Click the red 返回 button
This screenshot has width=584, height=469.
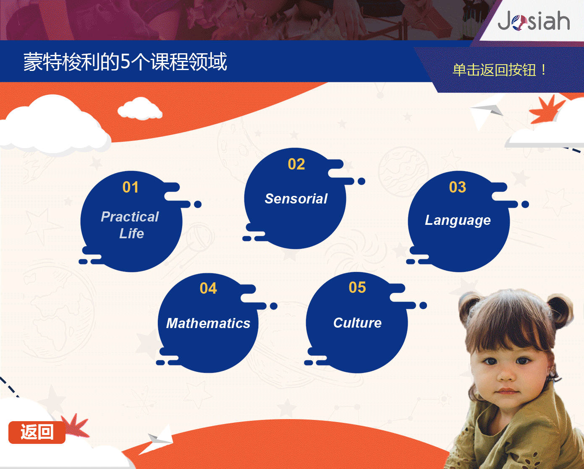pos(37,433)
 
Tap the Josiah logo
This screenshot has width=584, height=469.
pos(534,21)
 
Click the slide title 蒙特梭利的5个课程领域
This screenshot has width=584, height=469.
pos(125,62)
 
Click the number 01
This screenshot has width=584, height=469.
pos(131,187)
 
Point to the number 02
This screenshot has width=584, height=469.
pos(296,164)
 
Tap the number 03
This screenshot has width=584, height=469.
pos(458,187)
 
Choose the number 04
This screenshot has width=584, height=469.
pos(208,288)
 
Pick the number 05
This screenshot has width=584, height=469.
pos(357,287)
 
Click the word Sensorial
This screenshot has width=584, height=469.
pos(296,198)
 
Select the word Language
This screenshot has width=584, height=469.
pos(458,220)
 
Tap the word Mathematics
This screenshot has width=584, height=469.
pos(208,323)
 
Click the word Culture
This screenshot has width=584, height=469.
pos(357,323)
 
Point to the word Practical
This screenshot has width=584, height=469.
pos(130,217)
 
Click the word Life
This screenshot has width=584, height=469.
pos(131,234)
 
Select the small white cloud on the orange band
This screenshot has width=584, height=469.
pos(140,109)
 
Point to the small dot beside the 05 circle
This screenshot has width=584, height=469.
pos(423,305)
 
